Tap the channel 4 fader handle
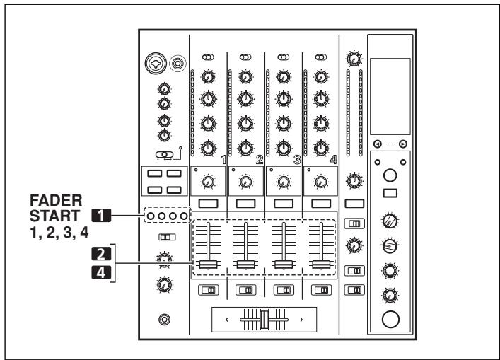click(320, 265)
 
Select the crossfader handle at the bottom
click(264, 320)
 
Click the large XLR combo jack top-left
click(153, 64)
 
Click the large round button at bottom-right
click(390, 320)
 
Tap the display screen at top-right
click(390, 89)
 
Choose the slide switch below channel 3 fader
click(283, 289)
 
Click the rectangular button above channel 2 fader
click(245, 203)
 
